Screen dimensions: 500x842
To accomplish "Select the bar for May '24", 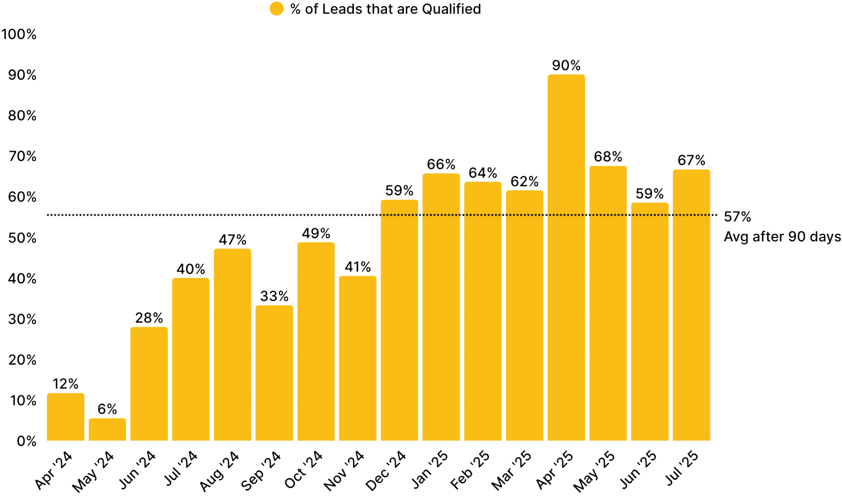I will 107,429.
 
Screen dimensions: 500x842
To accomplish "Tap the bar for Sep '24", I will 274,373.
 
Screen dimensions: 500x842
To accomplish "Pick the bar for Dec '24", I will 399,320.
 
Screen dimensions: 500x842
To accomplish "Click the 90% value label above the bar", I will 566,66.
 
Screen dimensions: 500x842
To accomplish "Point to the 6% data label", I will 107,409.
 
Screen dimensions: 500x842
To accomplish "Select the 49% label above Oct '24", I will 316,233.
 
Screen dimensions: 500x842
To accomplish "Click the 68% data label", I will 608,157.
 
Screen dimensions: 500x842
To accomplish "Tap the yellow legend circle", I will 277,9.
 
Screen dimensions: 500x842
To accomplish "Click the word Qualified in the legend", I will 451,9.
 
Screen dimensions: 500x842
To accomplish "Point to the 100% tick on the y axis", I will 19,35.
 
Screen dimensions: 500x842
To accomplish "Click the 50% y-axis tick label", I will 22,238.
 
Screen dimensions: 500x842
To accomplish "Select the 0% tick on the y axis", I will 26,442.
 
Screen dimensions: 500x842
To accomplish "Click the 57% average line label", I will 737,217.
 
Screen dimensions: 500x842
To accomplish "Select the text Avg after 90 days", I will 782,237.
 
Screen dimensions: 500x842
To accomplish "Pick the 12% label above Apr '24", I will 65,384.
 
